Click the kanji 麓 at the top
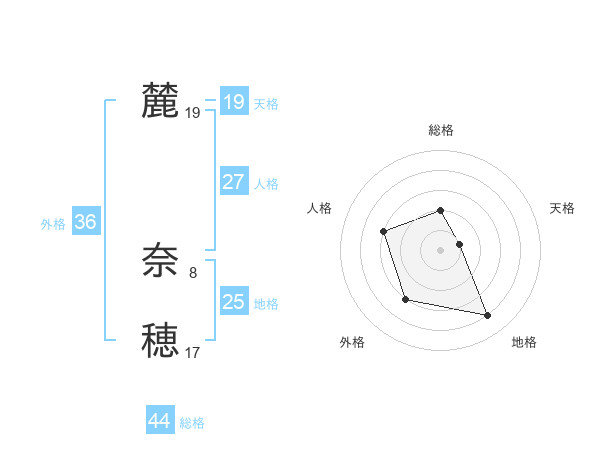[x=160, y=101]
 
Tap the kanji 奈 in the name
[x=160, y=262]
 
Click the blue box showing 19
[x=233, y=101]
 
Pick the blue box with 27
[x=233, y=182]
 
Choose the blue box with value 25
[x=233, y=302]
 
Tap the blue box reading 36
[x=85, y=222]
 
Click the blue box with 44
[x=159, y=421]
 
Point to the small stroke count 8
[x=193, y=272]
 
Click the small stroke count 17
[x=193, y=352]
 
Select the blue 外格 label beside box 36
[x=53, y=224]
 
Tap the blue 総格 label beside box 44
[x=192, y=423]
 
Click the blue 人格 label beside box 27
[x=266, y=184]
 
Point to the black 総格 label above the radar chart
[x=441, y=130]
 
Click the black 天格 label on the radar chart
[x=562, y=208]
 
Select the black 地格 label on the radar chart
[x=524, y=342]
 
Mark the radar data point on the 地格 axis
[x=488, y=316]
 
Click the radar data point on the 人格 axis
[x=384, y=232]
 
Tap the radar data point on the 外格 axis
[x=405, y=299]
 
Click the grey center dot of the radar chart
[x=440, y=250]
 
